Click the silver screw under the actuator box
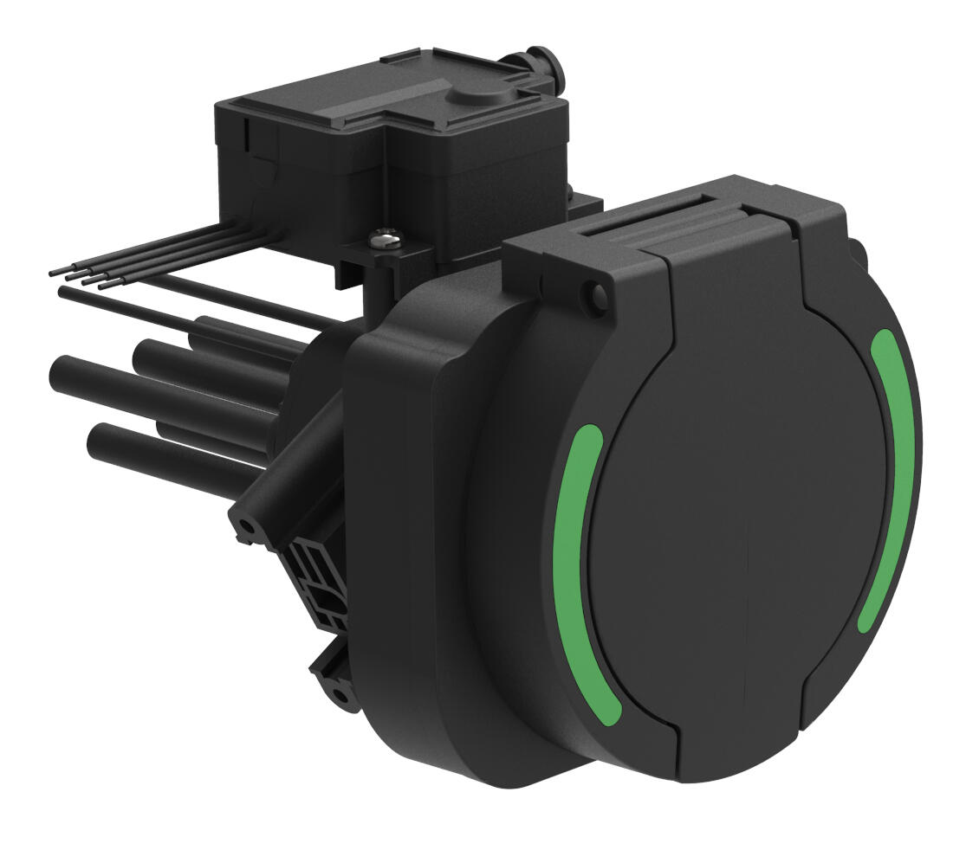click(386, 235)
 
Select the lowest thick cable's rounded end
click(95, 440)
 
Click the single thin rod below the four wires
click(66, 293)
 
